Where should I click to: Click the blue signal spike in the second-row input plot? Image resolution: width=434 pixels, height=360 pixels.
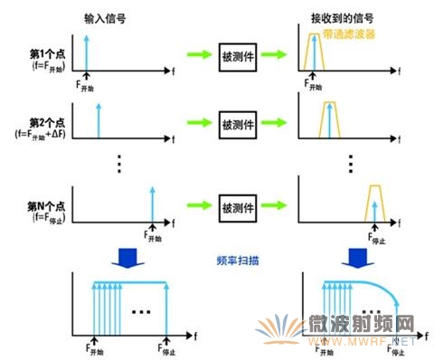coord(97,122)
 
